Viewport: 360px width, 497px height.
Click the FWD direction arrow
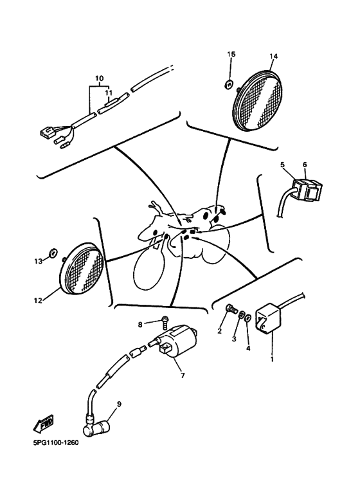pos(44,424)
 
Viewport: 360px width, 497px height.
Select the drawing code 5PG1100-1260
pos(56,443)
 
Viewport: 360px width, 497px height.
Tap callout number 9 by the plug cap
pos(119,404)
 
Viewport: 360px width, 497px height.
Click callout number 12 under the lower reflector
pos(38,300)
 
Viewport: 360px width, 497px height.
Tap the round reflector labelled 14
pos(258,100)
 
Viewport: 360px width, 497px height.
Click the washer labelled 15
pos(228,84)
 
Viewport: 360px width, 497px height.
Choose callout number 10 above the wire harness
pos(100,78)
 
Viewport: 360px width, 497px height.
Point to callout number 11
pos(109,93)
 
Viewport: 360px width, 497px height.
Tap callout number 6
pos(305,165)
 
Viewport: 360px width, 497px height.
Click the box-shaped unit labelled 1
pos(268,318)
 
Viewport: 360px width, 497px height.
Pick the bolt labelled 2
pos(231,309)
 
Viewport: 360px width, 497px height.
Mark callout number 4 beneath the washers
pos(248,348)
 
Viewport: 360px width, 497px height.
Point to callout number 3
pos(234,339)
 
